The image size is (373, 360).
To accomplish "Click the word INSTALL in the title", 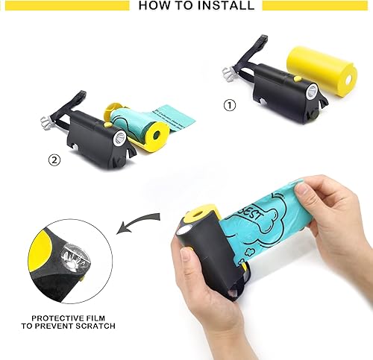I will coord(224,6).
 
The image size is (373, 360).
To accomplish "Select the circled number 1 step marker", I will coord(230,105).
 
